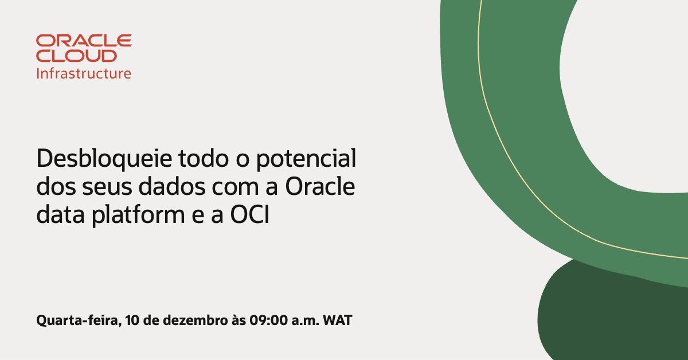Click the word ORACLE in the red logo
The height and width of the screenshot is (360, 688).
tap(84, 41)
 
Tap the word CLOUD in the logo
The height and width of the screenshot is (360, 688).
tap(76, 56)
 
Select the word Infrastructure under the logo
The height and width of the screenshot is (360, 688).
tap(84, 73)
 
